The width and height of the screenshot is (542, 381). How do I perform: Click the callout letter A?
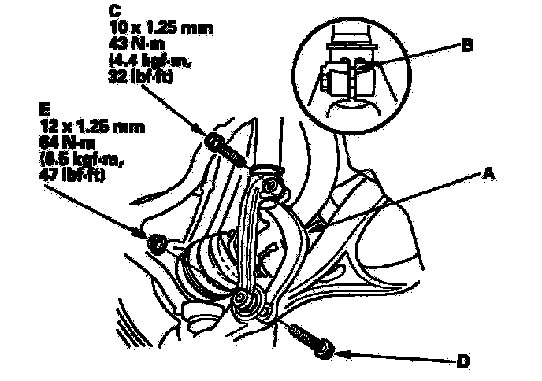click(489, 176)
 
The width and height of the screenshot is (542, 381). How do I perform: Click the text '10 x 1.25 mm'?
click(160, 28)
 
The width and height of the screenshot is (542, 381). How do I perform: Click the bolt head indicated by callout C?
click(213, 142)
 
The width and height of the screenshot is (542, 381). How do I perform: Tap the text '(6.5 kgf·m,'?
click(76, 157)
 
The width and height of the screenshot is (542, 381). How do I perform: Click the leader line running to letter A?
click(402, 201)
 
